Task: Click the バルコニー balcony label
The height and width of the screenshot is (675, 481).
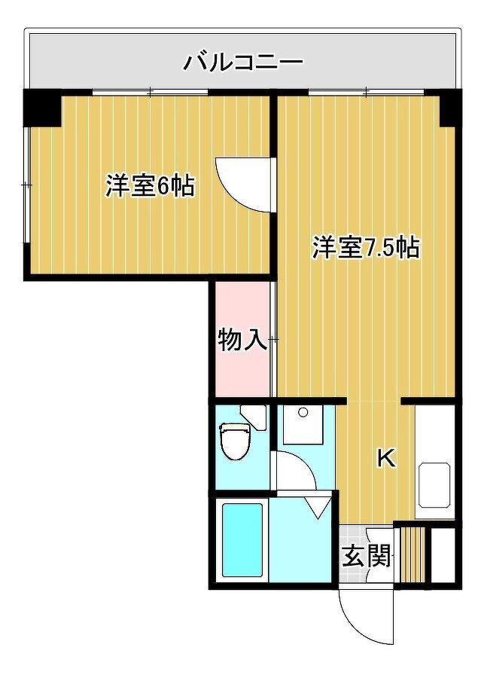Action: click(244, 62)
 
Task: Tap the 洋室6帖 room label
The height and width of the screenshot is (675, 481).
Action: click(150, 186)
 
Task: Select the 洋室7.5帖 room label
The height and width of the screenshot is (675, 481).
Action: click(366, 247)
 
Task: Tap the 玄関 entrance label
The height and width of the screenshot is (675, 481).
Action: click(367, 556)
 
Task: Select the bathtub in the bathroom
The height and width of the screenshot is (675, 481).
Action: click(242, 540)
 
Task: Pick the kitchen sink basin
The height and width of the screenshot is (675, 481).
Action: click(435, 484)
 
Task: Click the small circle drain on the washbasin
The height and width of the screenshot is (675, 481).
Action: click(303, 413)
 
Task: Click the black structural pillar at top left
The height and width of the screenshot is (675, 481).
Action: click(42, 108)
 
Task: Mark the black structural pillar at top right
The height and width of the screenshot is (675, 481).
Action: click(450, 108)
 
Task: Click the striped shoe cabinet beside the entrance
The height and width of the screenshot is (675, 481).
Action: click(413, 554)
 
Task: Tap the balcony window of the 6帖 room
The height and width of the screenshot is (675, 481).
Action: click(150, 92)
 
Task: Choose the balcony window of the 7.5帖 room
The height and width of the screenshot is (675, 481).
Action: click(366, 92)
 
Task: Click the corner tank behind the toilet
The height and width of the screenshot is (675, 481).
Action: click(254, 417)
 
